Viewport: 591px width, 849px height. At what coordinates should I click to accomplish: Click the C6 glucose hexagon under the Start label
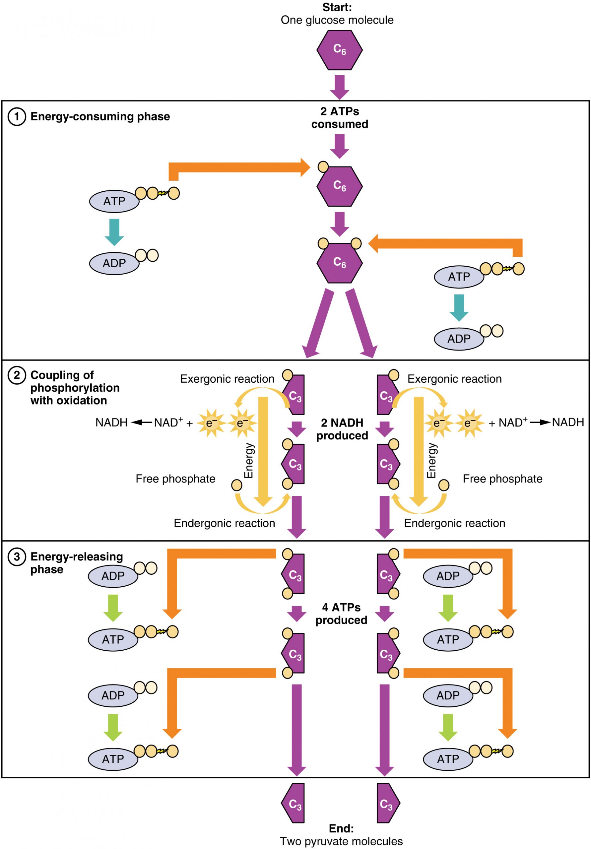pyautogui.click(x=339, y=50)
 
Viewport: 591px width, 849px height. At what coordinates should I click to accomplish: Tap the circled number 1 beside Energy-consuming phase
pyautogui.click(x=17, y=117)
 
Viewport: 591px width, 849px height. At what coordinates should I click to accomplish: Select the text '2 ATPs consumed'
pyautogui.click(x=339, y=118)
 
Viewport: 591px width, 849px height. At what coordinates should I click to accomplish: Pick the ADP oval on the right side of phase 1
pyautogui.click(x=459, y=338)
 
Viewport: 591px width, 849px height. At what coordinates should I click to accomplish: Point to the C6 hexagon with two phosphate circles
pyautogui.click(x=339, y=263)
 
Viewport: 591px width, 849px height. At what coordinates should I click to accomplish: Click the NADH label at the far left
pyautogui.click(x=111, y=422)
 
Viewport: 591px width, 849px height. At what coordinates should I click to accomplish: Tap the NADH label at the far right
pyautogui.click(x=568, y=422)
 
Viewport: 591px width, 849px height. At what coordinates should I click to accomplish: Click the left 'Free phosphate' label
pyautogui.click(x=175, y=479)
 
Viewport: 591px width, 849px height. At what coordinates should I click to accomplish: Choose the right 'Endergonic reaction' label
pyautogui.click(x=454, y=523)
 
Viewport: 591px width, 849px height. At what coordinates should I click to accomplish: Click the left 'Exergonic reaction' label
pyautogui.click(x=227, y=379)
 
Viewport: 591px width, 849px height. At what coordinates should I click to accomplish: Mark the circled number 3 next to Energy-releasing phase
pyautogui.click(x=17, y=557)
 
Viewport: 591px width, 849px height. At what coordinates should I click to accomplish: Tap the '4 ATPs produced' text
pyautogui.click(x=341, y=614)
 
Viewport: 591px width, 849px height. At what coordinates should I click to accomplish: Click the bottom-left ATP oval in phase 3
pyautogui.click(x=113, y=759)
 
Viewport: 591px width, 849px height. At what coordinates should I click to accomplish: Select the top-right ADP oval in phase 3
pyautogui.click(x=447, y=576)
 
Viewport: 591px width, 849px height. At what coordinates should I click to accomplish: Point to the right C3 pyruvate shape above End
pyautogui.click(x=388, y=803)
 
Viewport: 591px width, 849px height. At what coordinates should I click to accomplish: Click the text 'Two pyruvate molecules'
pyautogui.click(x=341, y=841)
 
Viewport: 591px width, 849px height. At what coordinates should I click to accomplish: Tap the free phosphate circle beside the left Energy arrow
pyautogui.click(x=237, y=485)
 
